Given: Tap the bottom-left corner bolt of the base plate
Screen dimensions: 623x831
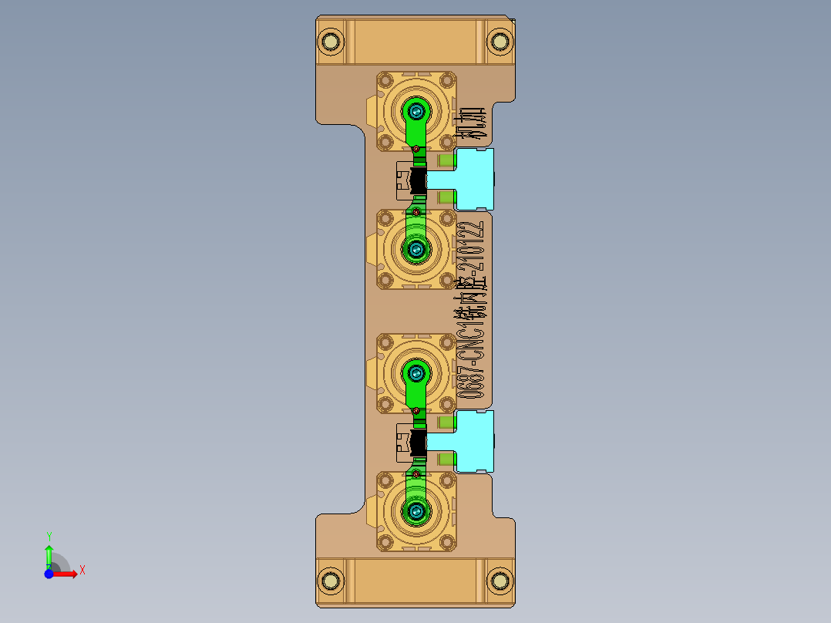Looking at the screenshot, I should coord(332,579).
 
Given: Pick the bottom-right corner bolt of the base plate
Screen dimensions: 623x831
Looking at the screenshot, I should coord(500,579).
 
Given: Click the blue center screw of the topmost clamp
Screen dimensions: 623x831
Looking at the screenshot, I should coord(417,111).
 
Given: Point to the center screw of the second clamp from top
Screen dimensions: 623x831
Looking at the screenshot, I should coord(417,248).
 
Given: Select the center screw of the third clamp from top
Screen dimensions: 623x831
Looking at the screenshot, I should coord(417,373).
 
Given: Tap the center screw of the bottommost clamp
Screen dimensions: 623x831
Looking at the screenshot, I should coord(417,510).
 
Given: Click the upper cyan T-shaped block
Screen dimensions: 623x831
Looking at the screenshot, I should coord(473,180).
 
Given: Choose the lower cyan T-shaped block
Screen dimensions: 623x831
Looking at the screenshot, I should coord(473,441).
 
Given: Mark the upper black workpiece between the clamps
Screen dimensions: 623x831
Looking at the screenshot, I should coord(418,182).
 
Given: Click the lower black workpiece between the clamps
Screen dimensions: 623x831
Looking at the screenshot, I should coord(418,443).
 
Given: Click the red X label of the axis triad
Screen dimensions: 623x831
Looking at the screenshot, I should coord(82,571).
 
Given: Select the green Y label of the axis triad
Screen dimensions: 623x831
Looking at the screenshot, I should coord(49,536).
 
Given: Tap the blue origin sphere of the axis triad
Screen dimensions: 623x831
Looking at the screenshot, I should coord(49,574).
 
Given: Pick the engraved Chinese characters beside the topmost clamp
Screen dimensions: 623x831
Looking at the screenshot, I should coord(471,124).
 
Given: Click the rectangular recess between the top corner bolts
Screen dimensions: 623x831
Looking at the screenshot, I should coord(416,42).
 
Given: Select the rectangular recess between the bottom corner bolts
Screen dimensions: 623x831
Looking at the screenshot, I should coord(416,581).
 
